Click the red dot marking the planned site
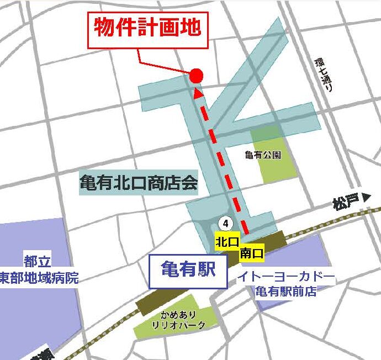click(x=197, y=76)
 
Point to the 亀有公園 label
click(x=262, y=155)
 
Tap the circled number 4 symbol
click(x=225, y=223)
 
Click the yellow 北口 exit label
click(x=227, y=242)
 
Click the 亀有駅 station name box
click(x=188, y=270)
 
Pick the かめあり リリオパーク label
click(x=178, y=319)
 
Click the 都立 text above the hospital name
click(x=37, y=260)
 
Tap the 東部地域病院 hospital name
click(x=39, y=277)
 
